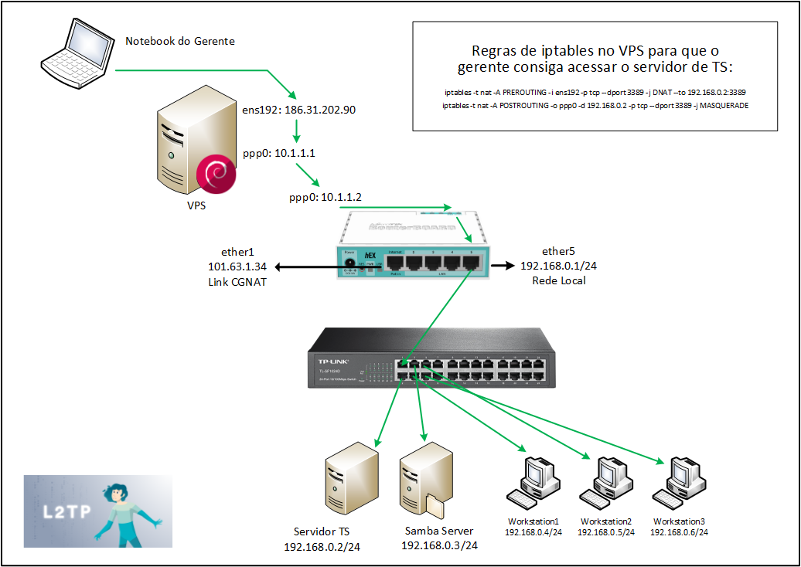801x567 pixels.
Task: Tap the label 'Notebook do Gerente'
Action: point(180,40)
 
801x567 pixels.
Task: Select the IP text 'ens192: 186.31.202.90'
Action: point(299,110)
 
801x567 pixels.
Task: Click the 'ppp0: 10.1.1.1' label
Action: point(279,154)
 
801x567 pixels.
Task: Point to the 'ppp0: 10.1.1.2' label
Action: point(325,198)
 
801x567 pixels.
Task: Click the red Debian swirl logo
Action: point(216,174)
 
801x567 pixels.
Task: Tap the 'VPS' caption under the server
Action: point(196,207)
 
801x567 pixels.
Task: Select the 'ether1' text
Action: point(237,252)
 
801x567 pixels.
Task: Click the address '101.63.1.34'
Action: point(237,266)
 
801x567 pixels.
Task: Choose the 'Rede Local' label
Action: point(558,280)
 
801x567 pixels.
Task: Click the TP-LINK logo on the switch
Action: point(333,361)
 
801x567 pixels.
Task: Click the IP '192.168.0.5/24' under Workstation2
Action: point(606,532)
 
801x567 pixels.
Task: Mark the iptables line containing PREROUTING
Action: point(595,92)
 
